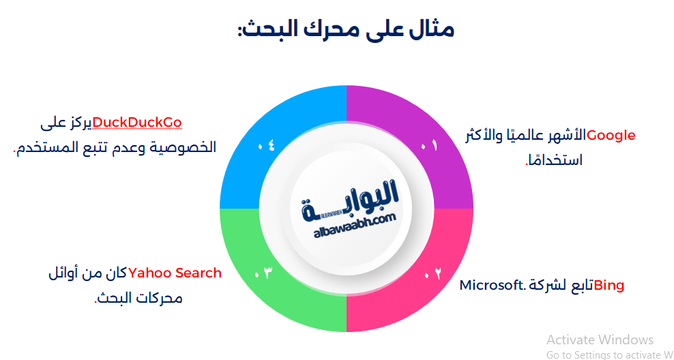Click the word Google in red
(x=611, y=135)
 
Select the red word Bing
(x=609, y=285)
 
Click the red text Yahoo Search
(x=175, y=273)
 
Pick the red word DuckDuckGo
(x=138, y=122)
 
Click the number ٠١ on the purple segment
(x=430, y=145)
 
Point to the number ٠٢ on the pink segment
(x=433, y=273)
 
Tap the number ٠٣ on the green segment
(x=263, y=273)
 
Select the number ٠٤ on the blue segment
(x=266, y=145)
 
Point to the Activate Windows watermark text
(x=600, y=340)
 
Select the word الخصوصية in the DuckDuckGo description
(x=184, y=147)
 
